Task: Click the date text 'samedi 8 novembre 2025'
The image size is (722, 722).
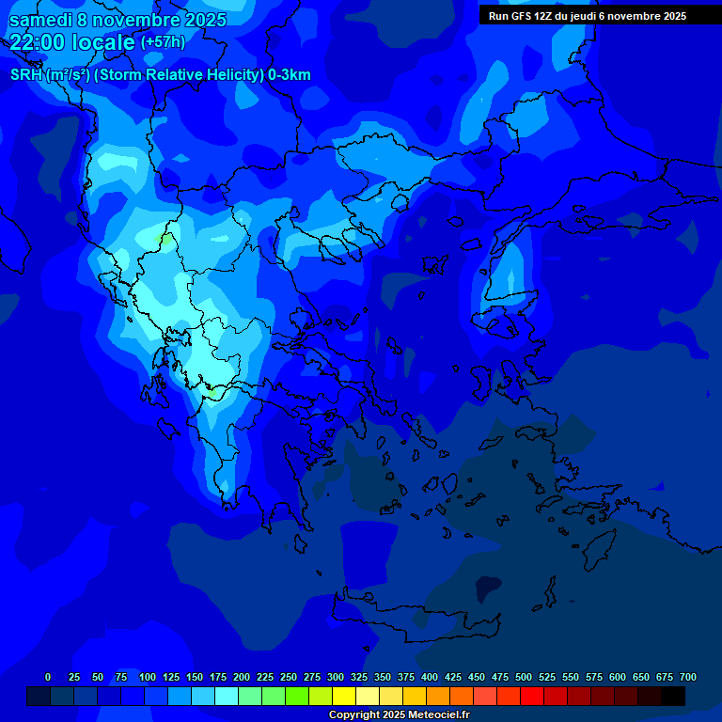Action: [x=118, y=20]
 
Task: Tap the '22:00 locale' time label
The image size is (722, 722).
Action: [x=72, y=42]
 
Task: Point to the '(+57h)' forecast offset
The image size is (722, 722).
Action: [x=162, y=42]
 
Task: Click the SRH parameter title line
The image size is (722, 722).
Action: [x=160, y=75]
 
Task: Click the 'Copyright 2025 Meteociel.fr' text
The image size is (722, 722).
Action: [x=399, y=714]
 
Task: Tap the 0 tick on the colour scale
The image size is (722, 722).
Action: [x=48, y=677]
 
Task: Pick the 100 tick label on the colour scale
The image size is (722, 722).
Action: [x=148, y=677]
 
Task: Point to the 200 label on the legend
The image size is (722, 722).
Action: [x=242, y=677]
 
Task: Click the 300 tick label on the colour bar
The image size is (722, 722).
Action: [x=336, y=677]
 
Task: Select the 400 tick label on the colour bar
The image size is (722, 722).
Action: [x=430, y=677]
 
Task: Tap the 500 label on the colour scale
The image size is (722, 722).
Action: [x=524, y=677]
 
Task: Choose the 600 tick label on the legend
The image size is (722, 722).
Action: [x=618, y=677]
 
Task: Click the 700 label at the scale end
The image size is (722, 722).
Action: [x=688, y=677]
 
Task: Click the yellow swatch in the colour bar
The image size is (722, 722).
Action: [x=344, y=696]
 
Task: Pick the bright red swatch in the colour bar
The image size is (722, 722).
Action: [x=532, y=696]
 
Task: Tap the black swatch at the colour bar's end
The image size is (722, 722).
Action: [x=673, y=696]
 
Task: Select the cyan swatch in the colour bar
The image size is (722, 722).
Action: [x=227, y=696]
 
